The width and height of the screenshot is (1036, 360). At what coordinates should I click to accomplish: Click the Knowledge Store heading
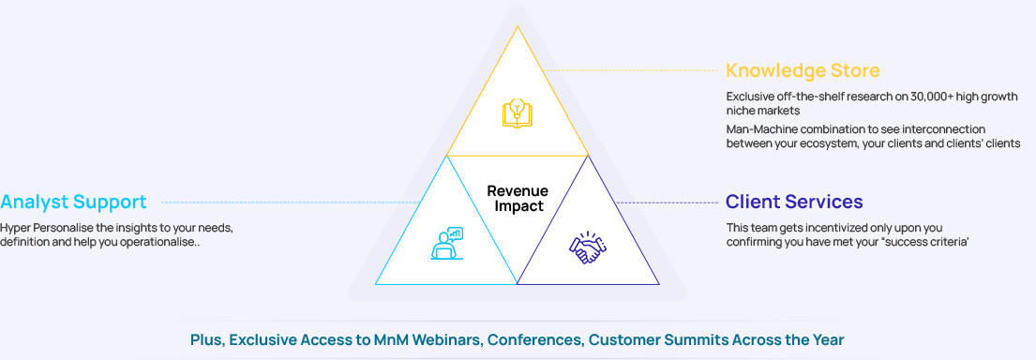[803, 70]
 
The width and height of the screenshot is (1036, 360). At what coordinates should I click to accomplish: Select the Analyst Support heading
[73, 202]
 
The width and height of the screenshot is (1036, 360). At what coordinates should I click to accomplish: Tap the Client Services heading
[794, 201]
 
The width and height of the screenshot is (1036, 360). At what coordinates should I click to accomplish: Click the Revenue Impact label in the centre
[518, 198]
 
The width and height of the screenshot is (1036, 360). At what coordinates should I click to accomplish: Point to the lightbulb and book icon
[518, 112]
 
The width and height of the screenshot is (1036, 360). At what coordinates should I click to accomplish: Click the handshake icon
[587, 248]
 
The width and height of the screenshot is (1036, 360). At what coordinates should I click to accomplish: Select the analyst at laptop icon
[447, 243]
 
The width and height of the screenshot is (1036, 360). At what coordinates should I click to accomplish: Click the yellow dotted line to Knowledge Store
[630, 70]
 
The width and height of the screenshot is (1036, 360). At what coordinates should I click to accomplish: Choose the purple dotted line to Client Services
[667, 202]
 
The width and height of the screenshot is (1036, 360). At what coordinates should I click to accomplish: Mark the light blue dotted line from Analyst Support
[291, 202]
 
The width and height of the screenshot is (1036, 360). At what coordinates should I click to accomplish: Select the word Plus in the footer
[207, 340]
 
